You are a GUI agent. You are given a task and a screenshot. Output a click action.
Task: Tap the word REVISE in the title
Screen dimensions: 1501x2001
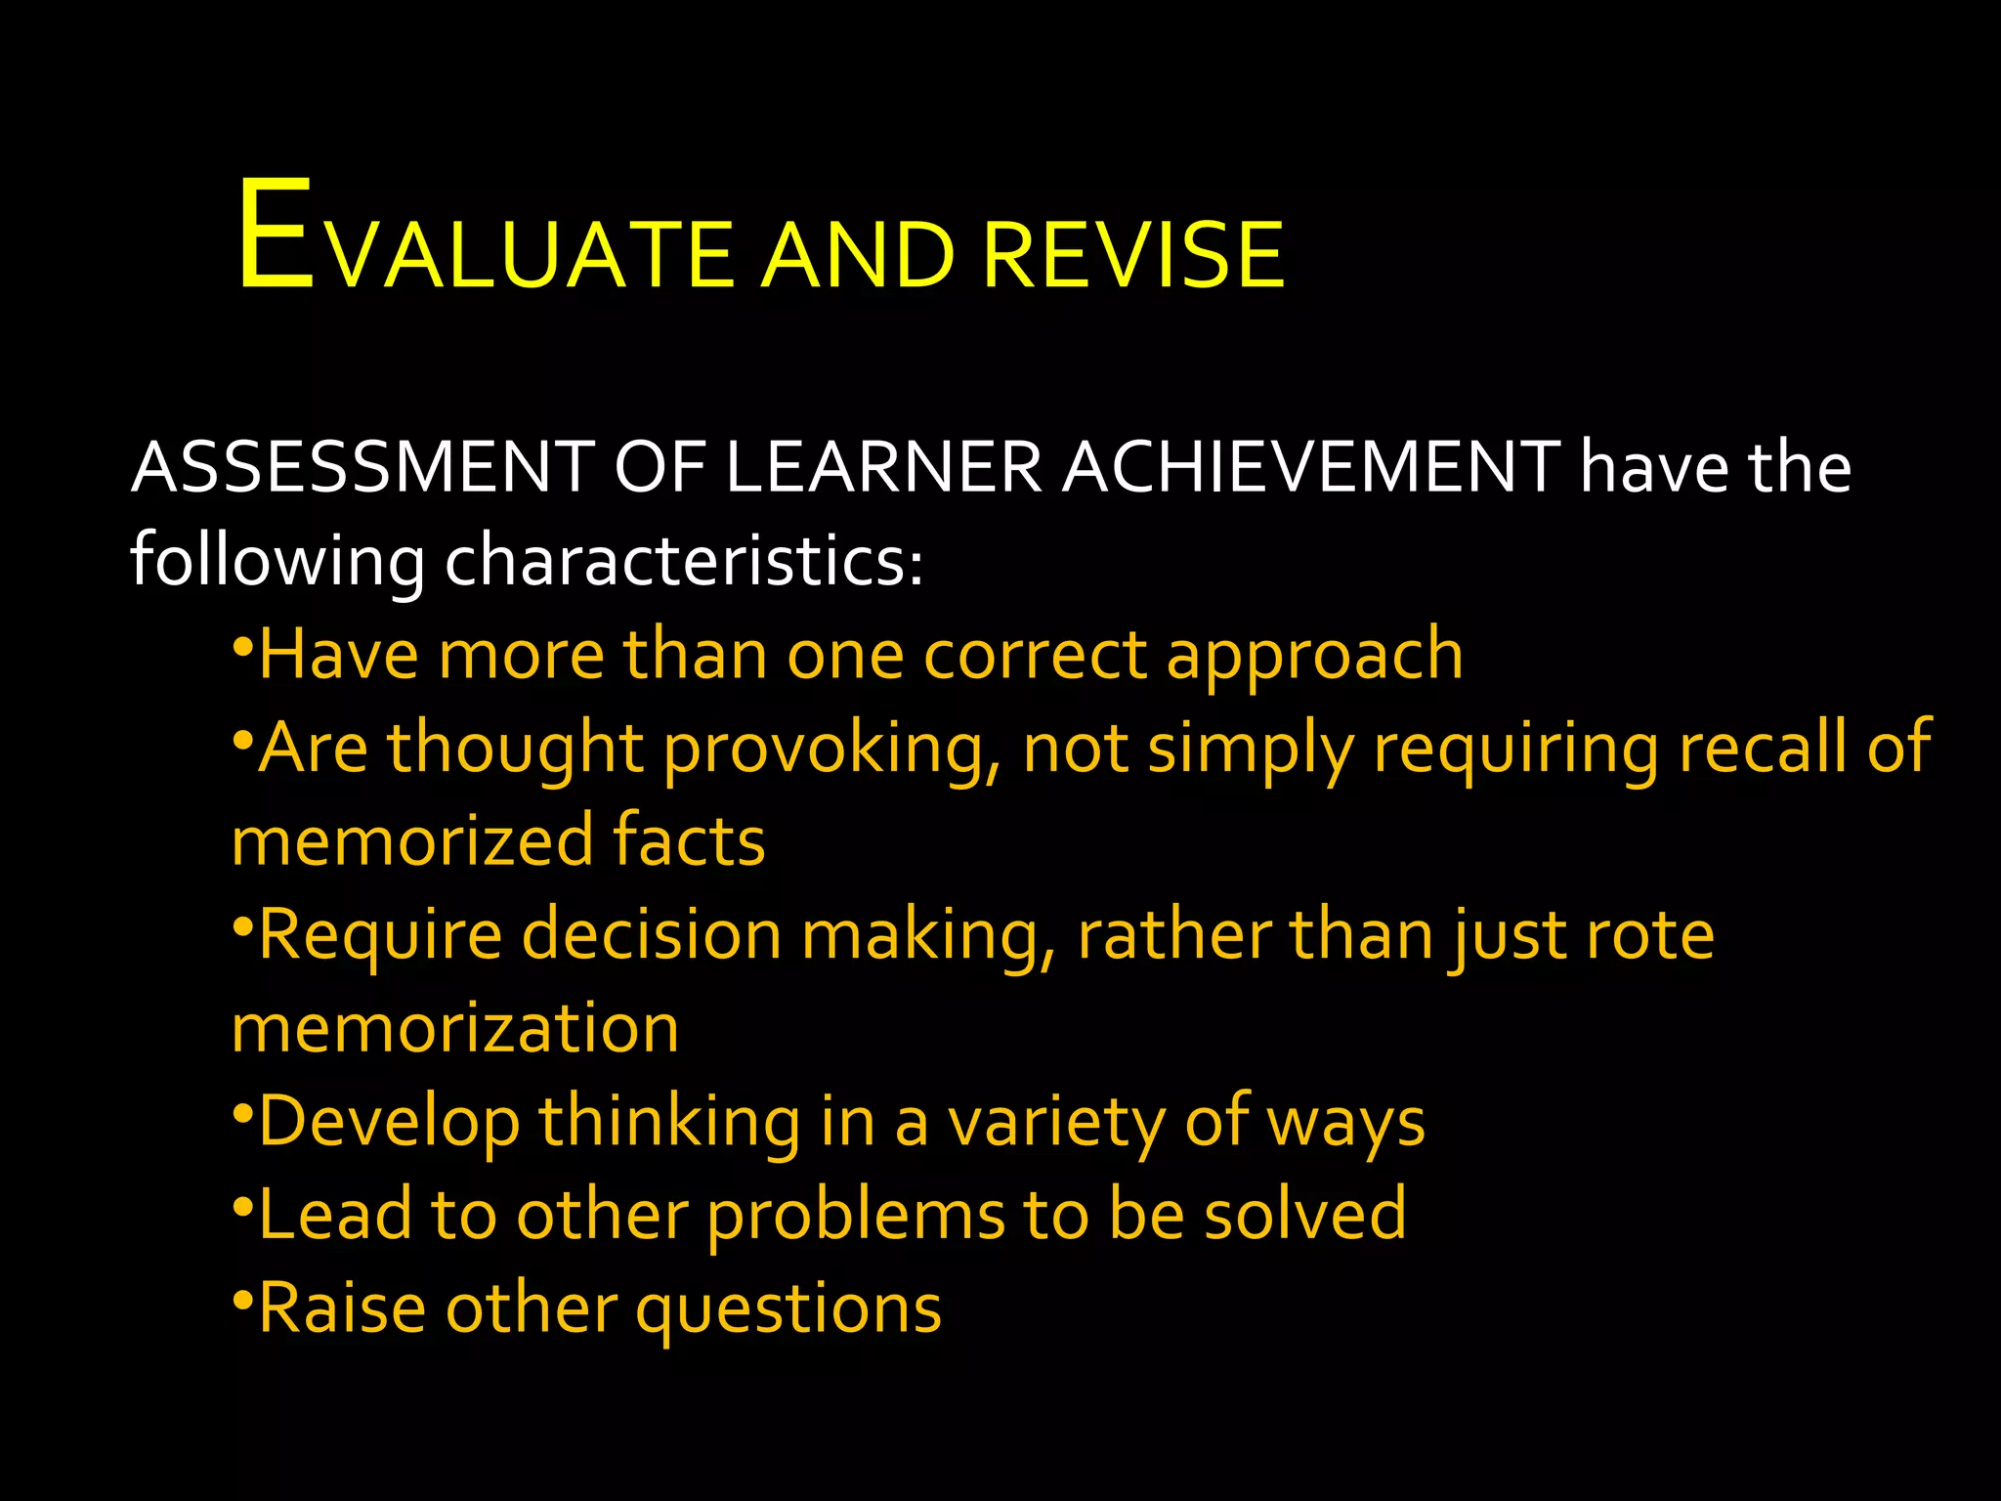pyautogui.click(x=1133, y=255)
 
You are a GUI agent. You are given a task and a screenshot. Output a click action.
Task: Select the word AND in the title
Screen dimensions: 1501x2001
pyautogui.click(x=857, y=255)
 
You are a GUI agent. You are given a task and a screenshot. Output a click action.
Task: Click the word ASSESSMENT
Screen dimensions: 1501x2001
pyautogui.click(x=362, y=467)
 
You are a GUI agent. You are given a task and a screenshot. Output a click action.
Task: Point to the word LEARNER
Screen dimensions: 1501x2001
pyautogui.click(x=885, y=467)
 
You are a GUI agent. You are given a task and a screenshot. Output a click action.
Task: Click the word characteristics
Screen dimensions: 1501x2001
pyautogui.click(x=684, y=561)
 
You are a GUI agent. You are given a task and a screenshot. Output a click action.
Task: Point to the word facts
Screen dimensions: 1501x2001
pyautogui.click(x=689, y=840)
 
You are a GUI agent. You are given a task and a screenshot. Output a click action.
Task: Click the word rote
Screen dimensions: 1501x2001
pyautogui.click(x=1650, y=934)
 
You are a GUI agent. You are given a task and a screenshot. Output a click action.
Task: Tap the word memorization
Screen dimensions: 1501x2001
pyautogui.click(x=455, y=1028)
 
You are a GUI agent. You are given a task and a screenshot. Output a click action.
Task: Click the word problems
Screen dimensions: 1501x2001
pyautogui.click(x=856, y=1216)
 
